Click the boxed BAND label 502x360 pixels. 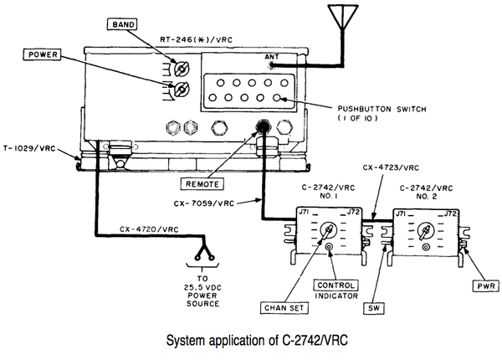[x=122, y=24]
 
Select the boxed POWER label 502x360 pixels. [x=42, y=54]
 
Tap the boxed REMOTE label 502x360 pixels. [x=202, y=184]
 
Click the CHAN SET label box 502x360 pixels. [x=284, y=308]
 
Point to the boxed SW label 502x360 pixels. [x=374, y=308]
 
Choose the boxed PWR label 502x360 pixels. [x=486, y=285]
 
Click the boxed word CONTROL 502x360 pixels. [x=336, y=285]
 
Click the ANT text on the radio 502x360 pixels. [x=272, y=57]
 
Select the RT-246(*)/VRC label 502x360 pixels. [x=196, y=40]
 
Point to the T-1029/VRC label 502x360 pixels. [x=29, y=149]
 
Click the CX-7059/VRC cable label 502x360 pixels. [x=204, y=203]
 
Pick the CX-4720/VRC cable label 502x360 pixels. [x=149, y=229]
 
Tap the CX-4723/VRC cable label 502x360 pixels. [x=391, y=167]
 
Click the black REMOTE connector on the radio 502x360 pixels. [x=263, y=126]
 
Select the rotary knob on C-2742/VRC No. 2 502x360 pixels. [x=426, y=232]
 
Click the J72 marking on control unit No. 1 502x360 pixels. [x=354, y=212]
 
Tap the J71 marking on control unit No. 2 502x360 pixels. [x=402, y=213]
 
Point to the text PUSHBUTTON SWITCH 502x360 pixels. [x=382, y=109]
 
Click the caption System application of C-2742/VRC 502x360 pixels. [x=257, y=340]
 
